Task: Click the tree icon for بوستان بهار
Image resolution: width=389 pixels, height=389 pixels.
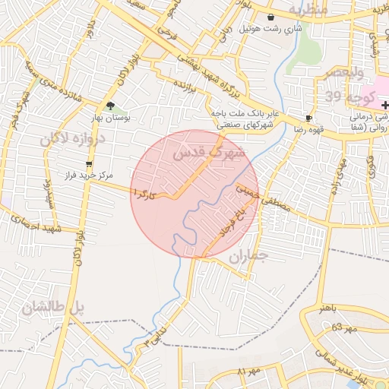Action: (x=111, y=106)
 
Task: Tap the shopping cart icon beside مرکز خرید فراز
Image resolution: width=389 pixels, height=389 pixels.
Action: (x=90, y=163)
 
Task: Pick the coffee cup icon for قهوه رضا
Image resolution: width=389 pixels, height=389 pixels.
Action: (x=308, y=119)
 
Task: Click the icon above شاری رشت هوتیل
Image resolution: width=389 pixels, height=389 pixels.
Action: (x=270, y=17)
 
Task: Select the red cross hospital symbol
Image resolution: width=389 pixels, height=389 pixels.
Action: (x=385, y=103)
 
